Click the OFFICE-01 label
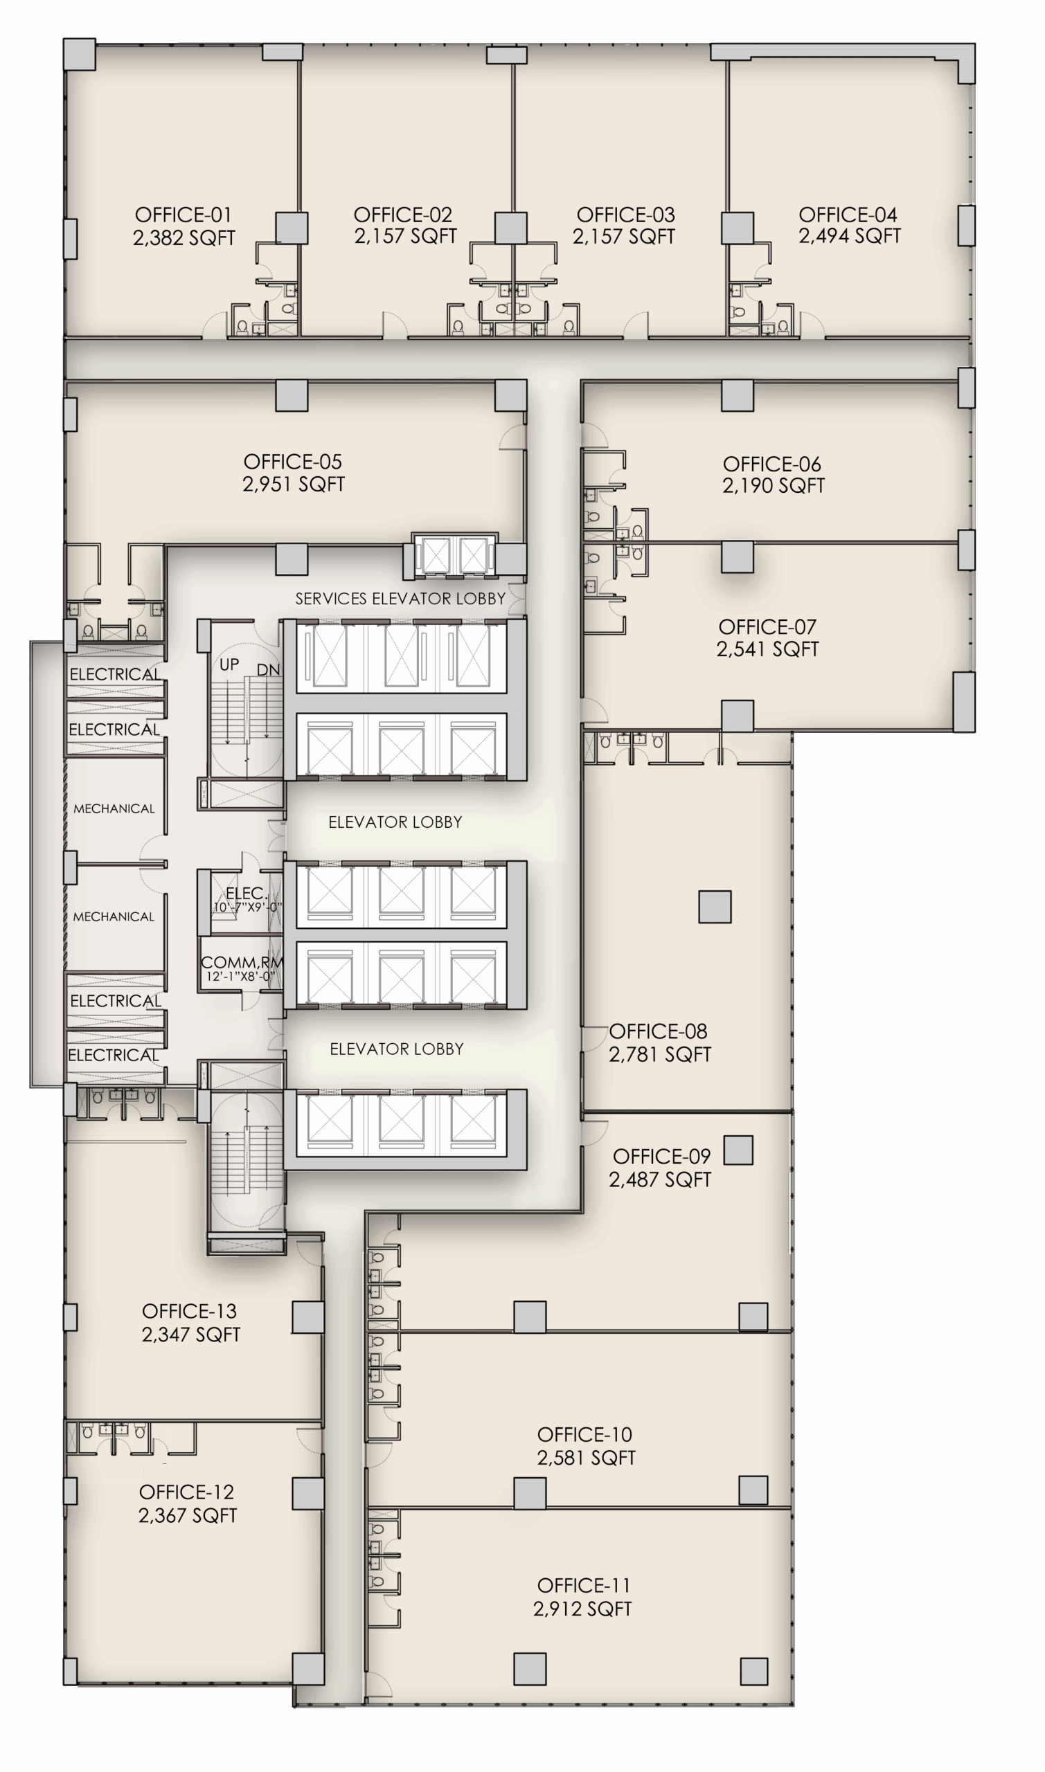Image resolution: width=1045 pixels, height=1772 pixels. coord(183,215)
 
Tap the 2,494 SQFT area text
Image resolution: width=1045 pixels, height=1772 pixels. coord(849,237)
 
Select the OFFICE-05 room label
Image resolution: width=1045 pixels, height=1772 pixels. coord(293,462)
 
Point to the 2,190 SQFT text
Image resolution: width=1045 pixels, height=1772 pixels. coord(773,486)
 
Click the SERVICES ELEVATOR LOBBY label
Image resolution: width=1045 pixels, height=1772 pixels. coord(400,599)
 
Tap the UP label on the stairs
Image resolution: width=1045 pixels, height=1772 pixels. coord(229,664)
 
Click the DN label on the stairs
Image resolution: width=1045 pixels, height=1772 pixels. coord(267,670)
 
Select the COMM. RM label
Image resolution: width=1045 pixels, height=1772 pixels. coord(242,962)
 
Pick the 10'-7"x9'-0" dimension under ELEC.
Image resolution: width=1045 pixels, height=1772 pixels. coord(247,907)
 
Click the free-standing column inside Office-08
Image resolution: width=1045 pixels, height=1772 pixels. coord(715,906)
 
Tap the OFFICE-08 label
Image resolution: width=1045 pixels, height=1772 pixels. coord(658,1031)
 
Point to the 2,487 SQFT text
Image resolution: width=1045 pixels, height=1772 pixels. coord(660,1179)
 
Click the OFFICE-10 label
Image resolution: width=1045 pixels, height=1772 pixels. coord(584,1434)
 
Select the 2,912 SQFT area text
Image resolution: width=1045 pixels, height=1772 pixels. coord(582,1609)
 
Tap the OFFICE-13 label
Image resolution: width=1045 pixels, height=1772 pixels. coord(190,1311)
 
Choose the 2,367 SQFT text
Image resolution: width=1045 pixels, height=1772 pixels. coord(187,1515)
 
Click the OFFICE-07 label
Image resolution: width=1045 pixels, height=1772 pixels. coord(767,627)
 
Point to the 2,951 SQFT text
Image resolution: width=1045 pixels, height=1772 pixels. coord(293,484)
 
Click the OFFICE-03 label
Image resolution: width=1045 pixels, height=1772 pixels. coord(625,215)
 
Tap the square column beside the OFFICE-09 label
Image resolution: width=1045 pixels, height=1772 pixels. coord(738,1150)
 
